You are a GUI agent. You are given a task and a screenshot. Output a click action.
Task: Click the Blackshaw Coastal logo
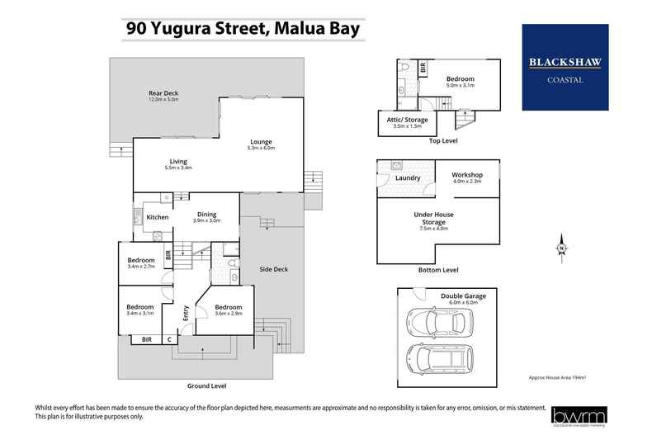(x=565, y=68)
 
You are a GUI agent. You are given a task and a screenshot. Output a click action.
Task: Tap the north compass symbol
(x=561, y=247)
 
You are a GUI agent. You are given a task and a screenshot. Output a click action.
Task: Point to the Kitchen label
(x=158, y=217)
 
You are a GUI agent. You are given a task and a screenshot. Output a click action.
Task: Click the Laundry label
(x=408, y=177)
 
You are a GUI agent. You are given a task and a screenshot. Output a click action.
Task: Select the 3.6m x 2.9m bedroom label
(x=228, y=310)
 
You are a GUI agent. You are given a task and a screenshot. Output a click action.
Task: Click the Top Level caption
(x=442, y=141)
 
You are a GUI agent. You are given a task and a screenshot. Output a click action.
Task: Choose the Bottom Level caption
(x=439, y=270)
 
